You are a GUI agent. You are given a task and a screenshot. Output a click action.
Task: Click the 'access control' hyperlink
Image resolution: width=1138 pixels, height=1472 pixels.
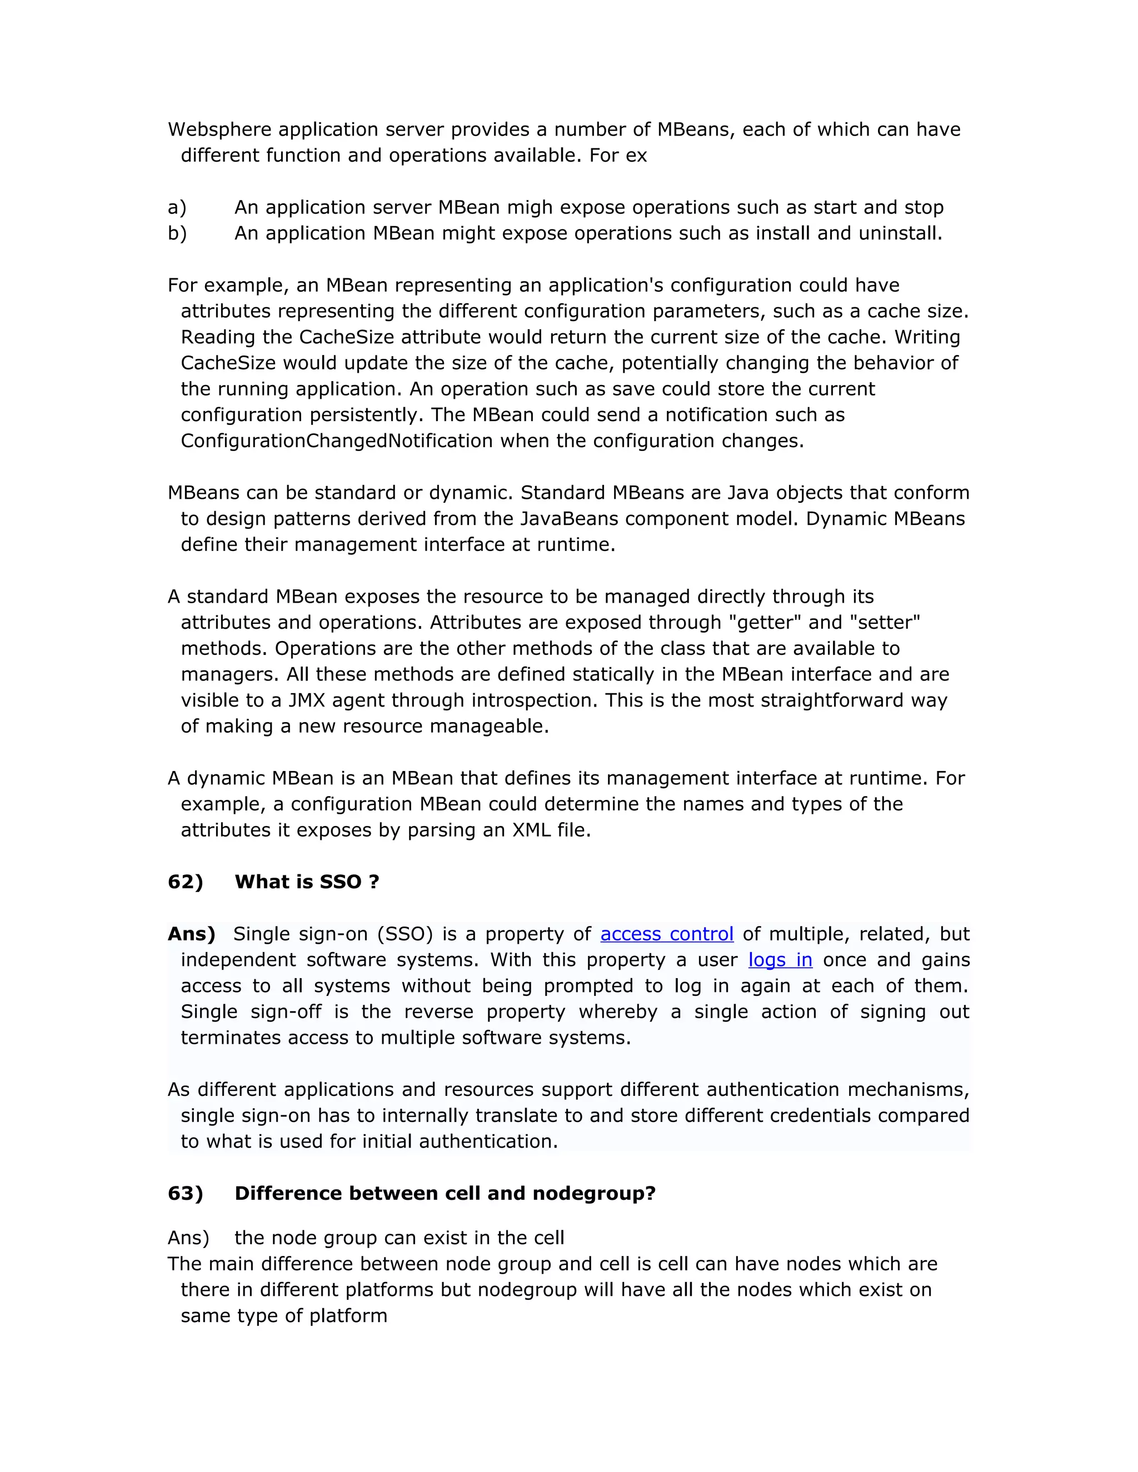[x=666, y=934]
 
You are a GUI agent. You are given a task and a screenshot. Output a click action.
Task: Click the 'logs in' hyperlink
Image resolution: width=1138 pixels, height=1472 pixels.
[x=780, y=959]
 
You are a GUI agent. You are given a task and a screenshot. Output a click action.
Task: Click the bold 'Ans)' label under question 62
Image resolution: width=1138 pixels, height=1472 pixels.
[x=192, y=934]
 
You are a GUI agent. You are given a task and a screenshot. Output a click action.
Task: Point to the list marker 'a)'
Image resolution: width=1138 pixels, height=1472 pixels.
[x=177, y=207]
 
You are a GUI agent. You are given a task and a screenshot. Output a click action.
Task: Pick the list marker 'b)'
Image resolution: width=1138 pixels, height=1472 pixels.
[x=177, y=233]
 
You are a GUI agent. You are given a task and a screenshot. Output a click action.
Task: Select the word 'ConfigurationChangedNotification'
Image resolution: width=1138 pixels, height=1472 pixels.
[x=336, y=441]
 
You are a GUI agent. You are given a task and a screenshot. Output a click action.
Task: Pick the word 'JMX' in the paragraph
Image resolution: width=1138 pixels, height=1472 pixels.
[x=307, y=700]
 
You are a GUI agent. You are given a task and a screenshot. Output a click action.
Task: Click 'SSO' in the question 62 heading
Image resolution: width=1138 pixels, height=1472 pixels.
[x=341, y=882]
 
